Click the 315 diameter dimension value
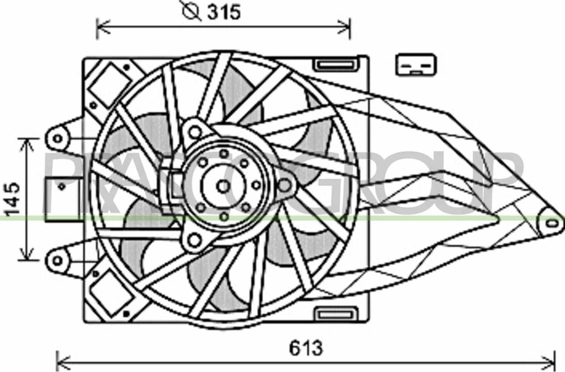[x=224, y=12]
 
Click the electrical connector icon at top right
[x=417, y=65]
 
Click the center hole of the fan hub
[x=223, y=186]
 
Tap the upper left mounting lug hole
[x=56, y=138]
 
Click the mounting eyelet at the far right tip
[x=551, y=223]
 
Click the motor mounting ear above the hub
[x=194, y=132]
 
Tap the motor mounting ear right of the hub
[x=285, y=186]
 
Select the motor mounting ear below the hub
[x=194, y=240]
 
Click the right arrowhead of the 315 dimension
[x=347, y=25]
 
